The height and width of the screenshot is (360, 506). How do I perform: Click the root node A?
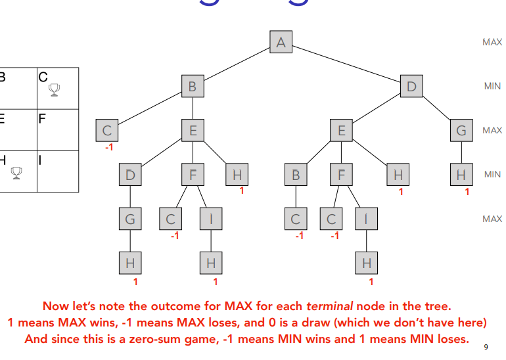pos(281,43)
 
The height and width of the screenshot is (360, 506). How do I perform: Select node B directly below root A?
pos(193,86)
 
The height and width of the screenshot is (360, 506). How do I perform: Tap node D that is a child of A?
pos(412,86)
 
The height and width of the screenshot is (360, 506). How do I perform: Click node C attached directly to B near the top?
pos(108,131)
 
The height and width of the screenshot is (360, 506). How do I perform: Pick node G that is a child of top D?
pos(461,131)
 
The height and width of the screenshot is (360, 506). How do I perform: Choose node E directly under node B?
pos(193,131)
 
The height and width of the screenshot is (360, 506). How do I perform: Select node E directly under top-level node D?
pos(341,131)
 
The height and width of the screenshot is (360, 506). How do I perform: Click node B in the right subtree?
pos(296,175)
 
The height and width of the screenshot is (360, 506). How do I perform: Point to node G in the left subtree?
pos(130,219)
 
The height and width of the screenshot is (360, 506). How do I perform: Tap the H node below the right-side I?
pos(367,263)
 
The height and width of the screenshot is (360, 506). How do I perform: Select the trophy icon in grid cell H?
pos(16,173)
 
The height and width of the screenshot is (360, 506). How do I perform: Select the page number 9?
pos(486,347)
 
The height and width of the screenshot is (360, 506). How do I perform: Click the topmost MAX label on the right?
pos(492,42)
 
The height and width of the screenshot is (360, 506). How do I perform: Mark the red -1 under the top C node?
pos(108,147)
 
